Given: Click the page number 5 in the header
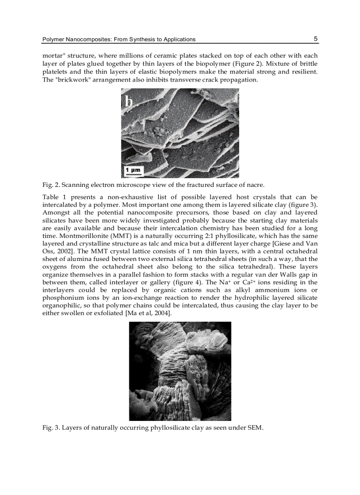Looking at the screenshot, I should [315, 39].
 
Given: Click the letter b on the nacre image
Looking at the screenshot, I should [128, 101].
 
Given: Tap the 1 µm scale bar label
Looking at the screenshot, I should [132, 170].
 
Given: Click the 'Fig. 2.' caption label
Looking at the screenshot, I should [50, 184].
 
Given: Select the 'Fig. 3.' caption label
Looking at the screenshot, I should [50, 427].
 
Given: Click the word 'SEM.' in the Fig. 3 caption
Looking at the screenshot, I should [255, 427].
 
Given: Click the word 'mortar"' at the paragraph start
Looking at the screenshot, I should [53, 56].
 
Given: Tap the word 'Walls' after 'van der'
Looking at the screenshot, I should [286, 274].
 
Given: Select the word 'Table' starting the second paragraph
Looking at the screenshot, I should [51, 197].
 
